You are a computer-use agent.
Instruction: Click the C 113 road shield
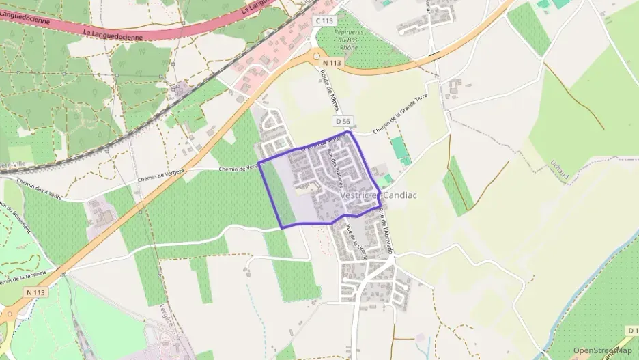click(324, 21)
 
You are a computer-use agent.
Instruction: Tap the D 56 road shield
click(343, 121)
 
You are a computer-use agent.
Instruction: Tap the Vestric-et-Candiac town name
click(378, 195)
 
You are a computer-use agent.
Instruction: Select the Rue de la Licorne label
click(354, 243)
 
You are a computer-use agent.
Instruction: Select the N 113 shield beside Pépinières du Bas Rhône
click(330, 63)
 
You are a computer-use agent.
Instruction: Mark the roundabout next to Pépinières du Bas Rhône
click(315, 57)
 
